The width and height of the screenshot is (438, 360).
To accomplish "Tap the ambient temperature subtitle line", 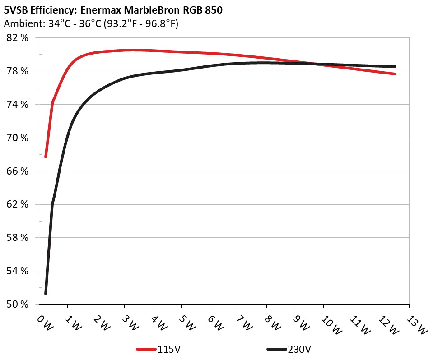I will tap(91, 23).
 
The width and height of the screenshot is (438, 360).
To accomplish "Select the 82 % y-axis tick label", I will tap(18, 38).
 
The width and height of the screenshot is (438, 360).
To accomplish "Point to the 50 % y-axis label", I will tap(18, 304).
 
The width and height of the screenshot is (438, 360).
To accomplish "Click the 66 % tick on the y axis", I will tap(18, 171).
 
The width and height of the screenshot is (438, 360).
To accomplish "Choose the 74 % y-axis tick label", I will tap(18, 104).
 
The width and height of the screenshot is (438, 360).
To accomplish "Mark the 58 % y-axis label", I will tap(18, 237).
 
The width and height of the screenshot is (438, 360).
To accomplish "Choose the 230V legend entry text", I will tap(299, 349).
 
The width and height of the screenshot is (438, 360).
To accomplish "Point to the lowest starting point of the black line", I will tap(46, 294).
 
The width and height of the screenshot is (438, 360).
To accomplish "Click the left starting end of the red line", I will tap(46, 157).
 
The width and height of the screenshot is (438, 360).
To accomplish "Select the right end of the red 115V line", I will tap(395, 74).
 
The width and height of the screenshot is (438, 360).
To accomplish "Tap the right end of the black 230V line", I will tap(395, 66).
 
